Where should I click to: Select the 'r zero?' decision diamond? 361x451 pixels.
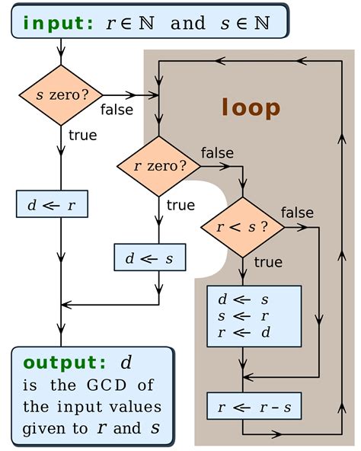[159, 166]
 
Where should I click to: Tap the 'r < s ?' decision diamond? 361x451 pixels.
[243, 227]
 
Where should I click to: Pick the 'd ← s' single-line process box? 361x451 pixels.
[149, 257]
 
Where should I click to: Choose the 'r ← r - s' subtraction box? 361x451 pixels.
[254, 406]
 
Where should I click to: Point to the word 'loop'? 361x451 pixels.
[251, 107]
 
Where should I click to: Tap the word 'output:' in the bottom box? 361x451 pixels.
[66, 363]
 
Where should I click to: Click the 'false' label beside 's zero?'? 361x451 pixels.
[117, 110]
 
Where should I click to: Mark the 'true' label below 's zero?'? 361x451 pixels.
[82, 136]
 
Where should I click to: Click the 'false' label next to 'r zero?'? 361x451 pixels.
[218, 152]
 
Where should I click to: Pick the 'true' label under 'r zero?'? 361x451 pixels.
[180, 205]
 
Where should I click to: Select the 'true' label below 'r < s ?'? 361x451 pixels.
[267, 262]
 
